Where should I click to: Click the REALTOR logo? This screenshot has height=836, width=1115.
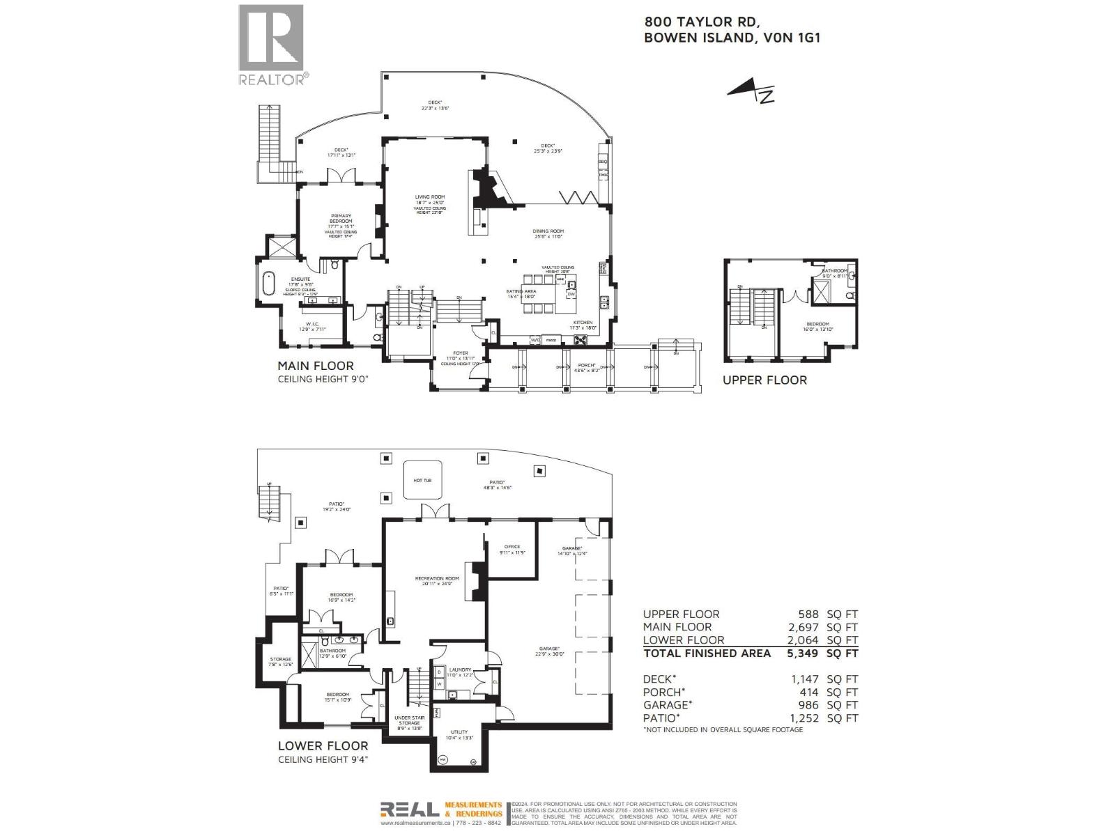pyautogui.click(x=271, y=44)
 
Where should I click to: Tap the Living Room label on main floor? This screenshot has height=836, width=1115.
pyautogui.click(x=429, y=197)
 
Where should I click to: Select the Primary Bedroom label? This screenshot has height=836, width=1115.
pyautogui.click(x=341, y=218)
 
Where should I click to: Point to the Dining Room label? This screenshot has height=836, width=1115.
pyautogui.click(x=548, y=231)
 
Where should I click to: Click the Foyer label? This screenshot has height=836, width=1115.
pyautogui.click(x=461, y=353)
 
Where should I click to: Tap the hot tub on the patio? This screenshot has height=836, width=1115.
pyautogui.click(x=422, y=479)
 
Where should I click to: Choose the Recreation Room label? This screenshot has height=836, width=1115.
pyautogui.click(x=437, y=578)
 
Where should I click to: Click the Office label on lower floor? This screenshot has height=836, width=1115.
pyautogui.click(x=512, y=547)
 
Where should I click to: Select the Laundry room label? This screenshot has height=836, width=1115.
pyautogui.click(x=461, y=669)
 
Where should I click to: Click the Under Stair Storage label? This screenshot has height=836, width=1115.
pyautogui.click(x=409, y=720)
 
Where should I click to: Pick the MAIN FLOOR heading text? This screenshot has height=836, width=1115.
pyautogui.click(x=316, y=366)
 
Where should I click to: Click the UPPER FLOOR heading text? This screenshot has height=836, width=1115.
pyautogui.click(x=764, y=380)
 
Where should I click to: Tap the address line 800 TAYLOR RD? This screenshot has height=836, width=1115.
pyautogui.click(x=697, y=22)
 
